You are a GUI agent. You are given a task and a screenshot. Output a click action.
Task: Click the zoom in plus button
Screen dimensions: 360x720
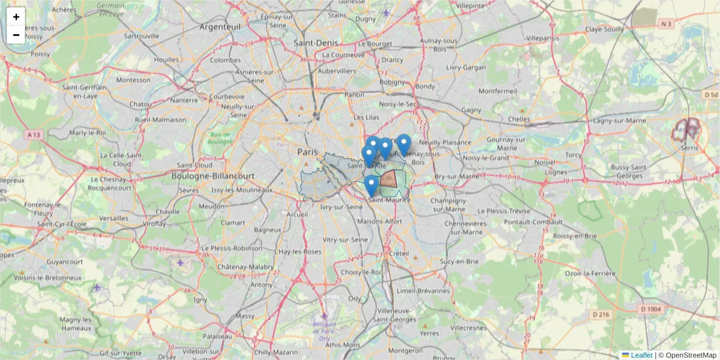click(x=16, y=17)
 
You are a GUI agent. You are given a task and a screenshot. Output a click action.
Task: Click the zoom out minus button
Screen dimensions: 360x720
click(x=16, y=35)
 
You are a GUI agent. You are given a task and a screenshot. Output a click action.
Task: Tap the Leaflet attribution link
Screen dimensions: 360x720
click(x=641, y=355)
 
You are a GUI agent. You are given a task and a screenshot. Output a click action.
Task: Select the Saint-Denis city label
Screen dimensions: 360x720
click(x=316, y=43)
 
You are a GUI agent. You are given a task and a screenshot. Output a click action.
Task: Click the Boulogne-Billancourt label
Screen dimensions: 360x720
click(x=205, y=176)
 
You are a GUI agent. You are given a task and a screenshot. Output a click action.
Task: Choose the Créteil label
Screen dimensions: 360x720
click(x=398, y=254)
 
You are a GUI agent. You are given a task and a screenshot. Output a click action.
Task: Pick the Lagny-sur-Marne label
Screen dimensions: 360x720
click(x=620, y=121)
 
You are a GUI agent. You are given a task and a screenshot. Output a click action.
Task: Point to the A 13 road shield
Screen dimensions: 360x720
click(x=35, y=135)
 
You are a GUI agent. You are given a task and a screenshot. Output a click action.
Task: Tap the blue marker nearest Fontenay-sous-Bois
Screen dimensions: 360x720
click(x=404, y=143)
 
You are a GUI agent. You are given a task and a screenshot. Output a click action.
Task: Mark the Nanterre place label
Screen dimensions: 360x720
click(x=184, y=101)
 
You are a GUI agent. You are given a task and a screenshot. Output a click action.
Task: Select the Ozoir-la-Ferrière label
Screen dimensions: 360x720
click(x=590, y=274)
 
